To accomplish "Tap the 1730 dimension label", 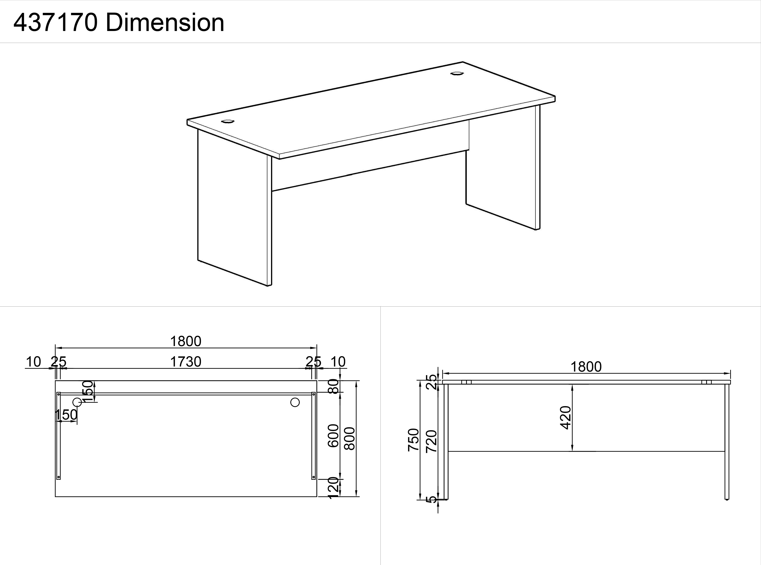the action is (x=186, y=361).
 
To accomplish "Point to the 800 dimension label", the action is (x=350, y=439).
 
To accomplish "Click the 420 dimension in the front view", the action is (x=566, y=418).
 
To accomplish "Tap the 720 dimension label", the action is (x=431, y=442).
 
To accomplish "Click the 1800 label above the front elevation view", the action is (x=586, y=367).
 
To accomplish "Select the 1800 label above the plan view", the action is (x=186, y=341).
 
